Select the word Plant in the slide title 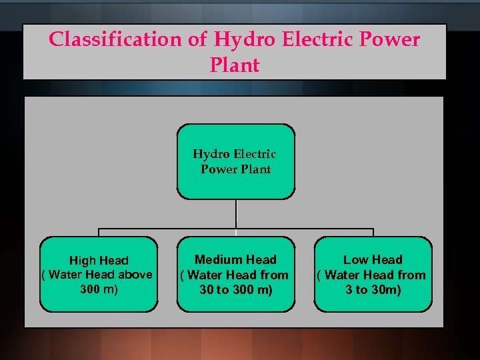(x=234, y=65)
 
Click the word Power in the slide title (x=391, y=39)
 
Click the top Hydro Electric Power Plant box (x=235, y=161)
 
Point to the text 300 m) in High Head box (x=99, y=289)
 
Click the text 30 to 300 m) (x=235, y=289)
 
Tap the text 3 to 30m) (x=373, y=289)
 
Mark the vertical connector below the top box (x=236, y=213)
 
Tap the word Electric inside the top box (x=253, y=154)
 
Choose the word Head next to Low (x=387, y=259)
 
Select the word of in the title (x=198, y=39)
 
